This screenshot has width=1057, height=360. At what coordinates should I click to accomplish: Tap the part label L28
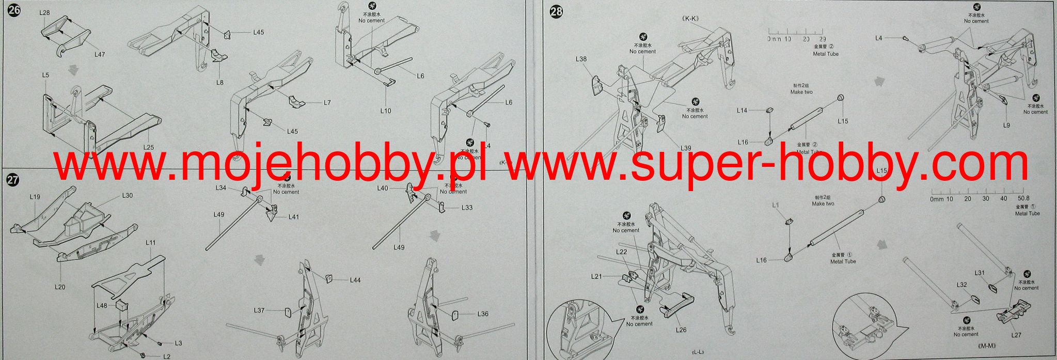click(44, 12)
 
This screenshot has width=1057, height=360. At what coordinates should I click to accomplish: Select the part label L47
click(100, 54)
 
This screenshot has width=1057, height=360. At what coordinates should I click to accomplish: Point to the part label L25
click(148, 147)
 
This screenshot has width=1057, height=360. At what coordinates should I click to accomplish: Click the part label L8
click(220, 82)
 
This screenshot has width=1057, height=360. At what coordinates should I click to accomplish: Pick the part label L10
click(386, 111)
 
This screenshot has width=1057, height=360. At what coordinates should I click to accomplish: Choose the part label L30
click(128, 196)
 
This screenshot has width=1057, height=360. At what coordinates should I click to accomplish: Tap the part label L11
click(150, 242)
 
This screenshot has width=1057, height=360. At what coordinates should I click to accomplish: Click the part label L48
click(102, 306)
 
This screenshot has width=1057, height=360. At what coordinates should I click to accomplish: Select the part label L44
click(355, 280)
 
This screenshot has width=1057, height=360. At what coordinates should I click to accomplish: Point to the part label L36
click(483, 314)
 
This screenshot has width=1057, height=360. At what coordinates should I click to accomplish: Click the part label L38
click(581, 59)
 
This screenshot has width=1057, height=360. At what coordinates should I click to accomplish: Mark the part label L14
click(742, 111)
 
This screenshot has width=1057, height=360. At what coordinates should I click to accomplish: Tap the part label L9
click(1006, 125)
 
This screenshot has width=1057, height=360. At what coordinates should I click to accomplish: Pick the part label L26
click(681, 330)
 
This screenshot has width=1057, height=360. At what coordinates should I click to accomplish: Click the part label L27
click(1016, 335)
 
